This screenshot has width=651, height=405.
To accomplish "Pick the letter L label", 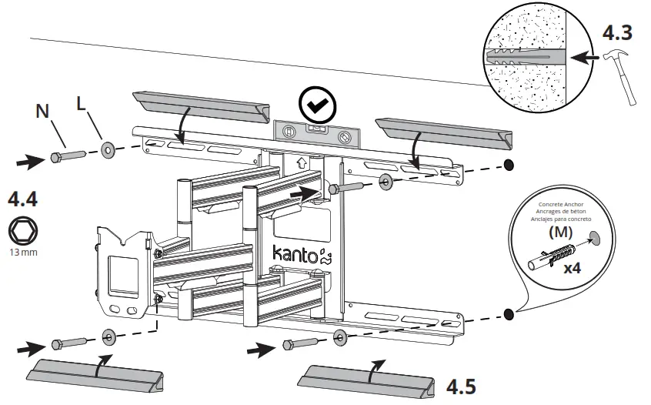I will click(81, 103).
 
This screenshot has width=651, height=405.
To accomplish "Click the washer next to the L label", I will click(106, 147).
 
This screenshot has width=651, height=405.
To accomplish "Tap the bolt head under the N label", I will click(57, 157).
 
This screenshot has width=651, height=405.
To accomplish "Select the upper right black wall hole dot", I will click(508, 165).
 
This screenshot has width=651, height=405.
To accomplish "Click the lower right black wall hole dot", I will click(508, 313).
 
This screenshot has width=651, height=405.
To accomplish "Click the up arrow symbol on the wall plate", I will click(302, 163).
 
